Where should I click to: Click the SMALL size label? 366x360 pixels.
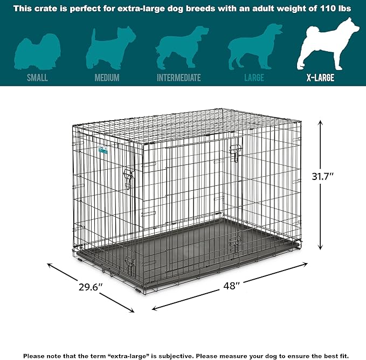pyautogui.click(x=38, y=78)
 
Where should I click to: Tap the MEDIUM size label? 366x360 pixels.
pyautogui.click(x=107, y=78)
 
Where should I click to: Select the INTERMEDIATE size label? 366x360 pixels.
pyautogui.click(x=178, y=78)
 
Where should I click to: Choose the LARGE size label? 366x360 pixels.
pyautogui.click(x=254, y=78)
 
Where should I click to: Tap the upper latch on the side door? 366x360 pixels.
pyautogui.click(x=235, y=153)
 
